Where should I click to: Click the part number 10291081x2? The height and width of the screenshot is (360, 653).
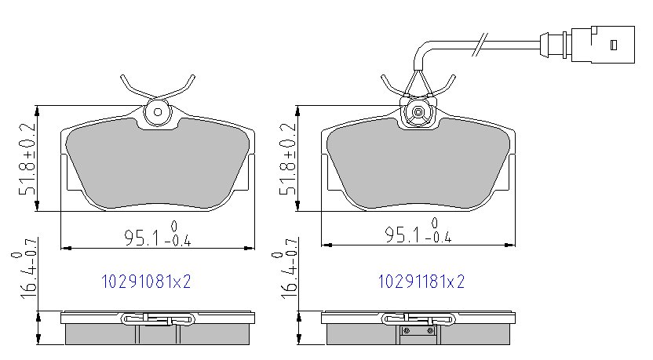tap(146, 282)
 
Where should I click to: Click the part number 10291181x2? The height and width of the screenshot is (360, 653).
tap(421, 282)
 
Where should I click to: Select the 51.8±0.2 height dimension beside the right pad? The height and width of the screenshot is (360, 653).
tap(288, 158)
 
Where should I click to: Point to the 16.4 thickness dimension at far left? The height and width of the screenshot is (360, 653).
tap(25, 268)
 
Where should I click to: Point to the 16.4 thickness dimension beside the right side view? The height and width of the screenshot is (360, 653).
tap(285, 268)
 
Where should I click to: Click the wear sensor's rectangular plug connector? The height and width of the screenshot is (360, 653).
tap(603, 45)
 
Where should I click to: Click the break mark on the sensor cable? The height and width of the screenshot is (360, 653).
tap(480, 45)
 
